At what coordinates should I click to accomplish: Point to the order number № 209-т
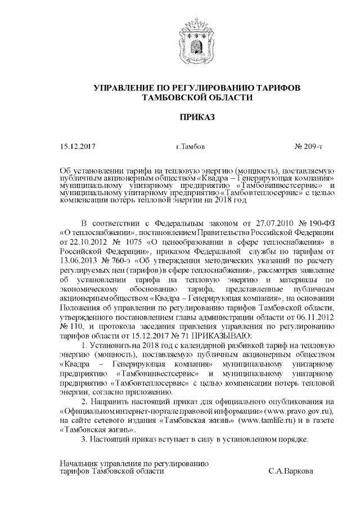[x=308, y=147]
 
